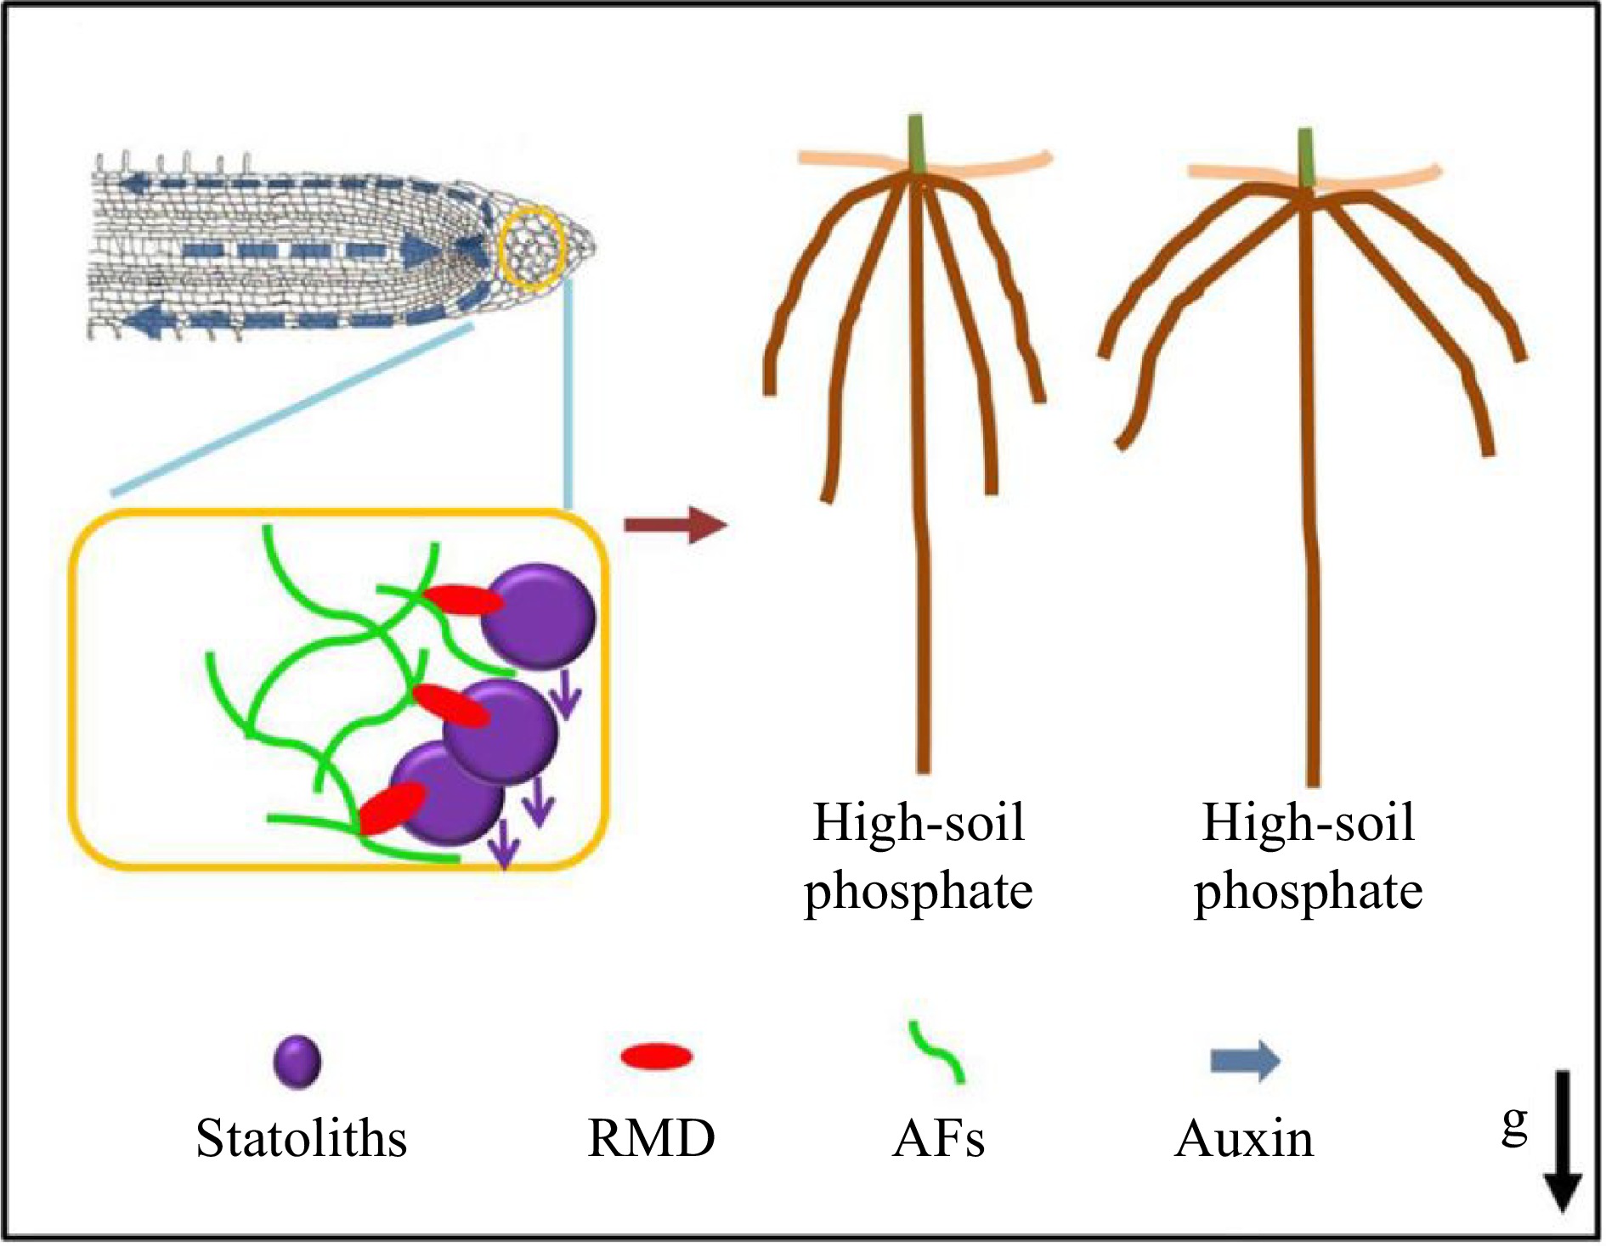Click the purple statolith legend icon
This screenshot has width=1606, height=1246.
[297, 1062]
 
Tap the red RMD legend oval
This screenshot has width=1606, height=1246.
[657, 1057]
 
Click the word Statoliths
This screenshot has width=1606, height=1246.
[301, 1138]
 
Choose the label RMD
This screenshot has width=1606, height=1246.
[651, 1138]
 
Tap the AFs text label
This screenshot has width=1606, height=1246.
[938, 1138]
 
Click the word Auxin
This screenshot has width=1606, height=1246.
[1244, 1138]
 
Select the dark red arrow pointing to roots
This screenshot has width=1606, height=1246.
[676, 525]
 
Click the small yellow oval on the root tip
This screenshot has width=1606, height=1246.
[532, 247]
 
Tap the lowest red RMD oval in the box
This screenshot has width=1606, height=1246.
[392, 809]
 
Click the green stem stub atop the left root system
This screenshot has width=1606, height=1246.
[915, 144]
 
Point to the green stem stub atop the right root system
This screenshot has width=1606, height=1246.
[1306, 157]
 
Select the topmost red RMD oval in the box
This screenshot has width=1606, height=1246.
[464, 600]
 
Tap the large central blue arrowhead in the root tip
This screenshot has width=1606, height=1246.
[419, 249]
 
